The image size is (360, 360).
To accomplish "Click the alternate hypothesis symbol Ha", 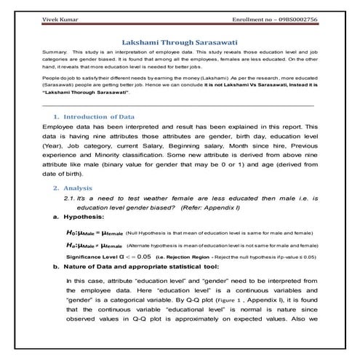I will pyautogui.click(x=71, y=245).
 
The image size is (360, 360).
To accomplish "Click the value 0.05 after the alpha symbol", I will pyautogui.click(x=143, y=257).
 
